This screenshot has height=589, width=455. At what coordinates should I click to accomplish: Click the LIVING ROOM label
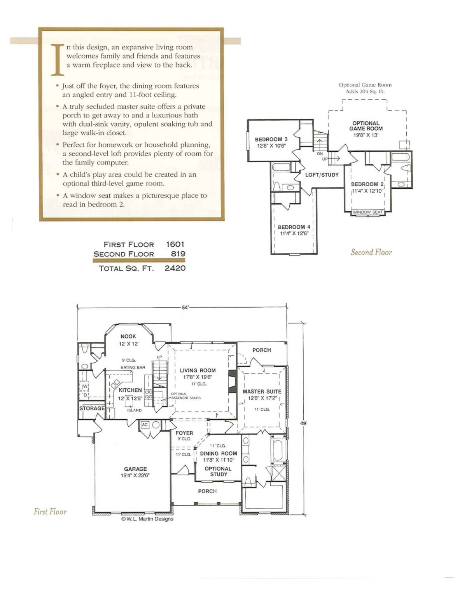coord(198,370)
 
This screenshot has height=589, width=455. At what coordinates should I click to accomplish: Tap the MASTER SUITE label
coord(262,392)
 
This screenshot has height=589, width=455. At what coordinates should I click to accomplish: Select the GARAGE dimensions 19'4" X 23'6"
coord(135,475)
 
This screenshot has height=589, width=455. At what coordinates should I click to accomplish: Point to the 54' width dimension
coord(185,308)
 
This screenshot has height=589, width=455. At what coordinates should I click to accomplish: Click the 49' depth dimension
coord(304,422)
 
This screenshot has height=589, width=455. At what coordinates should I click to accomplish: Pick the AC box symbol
coord(145,425)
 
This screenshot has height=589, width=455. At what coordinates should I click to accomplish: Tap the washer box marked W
coord(85,386)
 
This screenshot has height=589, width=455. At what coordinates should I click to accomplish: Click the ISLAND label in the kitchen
coord(134,410)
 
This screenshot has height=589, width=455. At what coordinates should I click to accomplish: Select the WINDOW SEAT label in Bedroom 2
coord(367,212)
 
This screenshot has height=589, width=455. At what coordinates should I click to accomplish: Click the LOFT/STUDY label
coord(322,175)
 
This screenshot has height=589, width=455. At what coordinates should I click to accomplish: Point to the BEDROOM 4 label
coord(294,227)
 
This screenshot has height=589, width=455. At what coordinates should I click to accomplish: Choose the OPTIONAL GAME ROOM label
coord(366,126)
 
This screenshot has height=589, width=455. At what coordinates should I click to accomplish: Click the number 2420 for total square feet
coord(175,268)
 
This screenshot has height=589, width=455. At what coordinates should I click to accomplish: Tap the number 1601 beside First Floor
coord(175,244)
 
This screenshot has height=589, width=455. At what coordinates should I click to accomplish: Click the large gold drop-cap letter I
coord(58,60)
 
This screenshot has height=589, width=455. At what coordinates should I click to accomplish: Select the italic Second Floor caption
coord(371,252)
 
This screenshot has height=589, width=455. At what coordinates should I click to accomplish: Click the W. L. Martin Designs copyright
coord(147,519)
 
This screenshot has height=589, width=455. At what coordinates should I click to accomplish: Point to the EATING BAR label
coord(133,368)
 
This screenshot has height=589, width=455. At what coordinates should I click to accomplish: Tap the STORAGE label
coord(92,408)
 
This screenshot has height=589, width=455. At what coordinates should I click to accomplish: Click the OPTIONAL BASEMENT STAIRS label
coord(186,396)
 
